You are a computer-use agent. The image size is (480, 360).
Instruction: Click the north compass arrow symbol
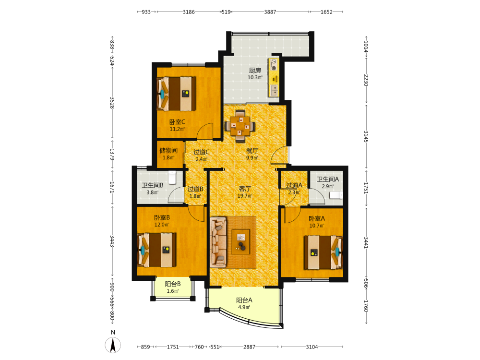[113, 345]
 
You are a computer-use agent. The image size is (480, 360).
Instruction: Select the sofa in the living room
[218, 242]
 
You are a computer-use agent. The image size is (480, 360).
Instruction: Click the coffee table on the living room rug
[240, 241]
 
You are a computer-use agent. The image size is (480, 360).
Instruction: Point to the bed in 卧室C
[176, 94]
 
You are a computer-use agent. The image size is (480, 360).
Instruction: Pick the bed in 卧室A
[323, 252]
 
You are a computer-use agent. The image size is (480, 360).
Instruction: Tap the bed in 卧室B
[157, 250]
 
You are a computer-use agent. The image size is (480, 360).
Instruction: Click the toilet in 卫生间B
[173, 178]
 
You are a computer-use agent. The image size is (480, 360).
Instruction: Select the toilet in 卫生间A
[336, 195]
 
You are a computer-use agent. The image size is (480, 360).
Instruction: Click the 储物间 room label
[168, 150]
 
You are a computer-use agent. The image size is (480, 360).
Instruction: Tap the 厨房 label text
[255, 71]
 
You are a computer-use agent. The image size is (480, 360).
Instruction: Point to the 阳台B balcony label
[173, 284]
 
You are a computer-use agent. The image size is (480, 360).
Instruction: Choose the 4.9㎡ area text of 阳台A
[244, 307]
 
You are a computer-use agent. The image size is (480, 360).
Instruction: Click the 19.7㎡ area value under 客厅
[245, 196]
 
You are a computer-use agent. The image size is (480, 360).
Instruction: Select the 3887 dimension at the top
[270, 12]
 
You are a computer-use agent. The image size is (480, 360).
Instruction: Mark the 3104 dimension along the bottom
[312, 347]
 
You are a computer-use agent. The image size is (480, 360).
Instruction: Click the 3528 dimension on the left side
[112, 103]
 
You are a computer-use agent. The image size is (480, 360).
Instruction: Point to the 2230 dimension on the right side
[366, 80]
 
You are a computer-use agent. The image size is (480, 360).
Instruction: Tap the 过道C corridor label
[202, 152]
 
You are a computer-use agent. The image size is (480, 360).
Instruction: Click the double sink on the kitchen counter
[274, 91]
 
